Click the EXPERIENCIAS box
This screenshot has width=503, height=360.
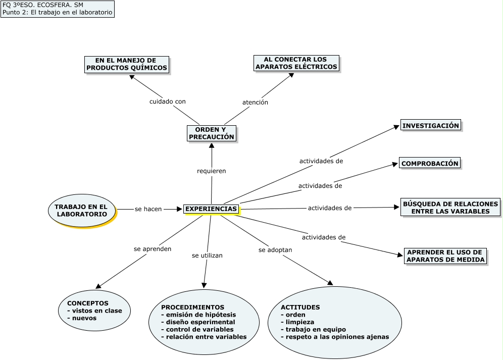click(x=211, y=209)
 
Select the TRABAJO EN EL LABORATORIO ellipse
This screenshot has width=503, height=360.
click(x=82, y=211)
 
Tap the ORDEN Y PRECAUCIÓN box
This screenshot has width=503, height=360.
click(x=211, y=133)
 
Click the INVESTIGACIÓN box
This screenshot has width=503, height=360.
click(x=430, y=126)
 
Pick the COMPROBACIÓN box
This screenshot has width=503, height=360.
click(x=430, y=163)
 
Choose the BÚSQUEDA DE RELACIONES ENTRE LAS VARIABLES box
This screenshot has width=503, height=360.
click(x=450, y=208)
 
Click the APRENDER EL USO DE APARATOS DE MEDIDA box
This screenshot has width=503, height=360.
click(x=445, y=256)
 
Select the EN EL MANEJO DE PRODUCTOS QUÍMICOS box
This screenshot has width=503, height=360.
click(x=126, y=64)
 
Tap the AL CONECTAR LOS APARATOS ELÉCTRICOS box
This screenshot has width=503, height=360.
click(x=296, y=63)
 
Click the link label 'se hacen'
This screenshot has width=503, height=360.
click(x=148, y=209)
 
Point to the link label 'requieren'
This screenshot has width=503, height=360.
click(x=211, y=171)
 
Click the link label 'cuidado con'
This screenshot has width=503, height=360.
click(x=167, y=101)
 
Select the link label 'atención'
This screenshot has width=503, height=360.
click(x=255, y=102)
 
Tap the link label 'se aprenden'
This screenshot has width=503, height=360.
click(x=152, y=249)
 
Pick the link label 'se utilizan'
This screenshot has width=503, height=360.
click(x=207, y=255)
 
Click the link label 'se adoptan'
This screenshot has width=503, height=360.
click(x=275, y=250)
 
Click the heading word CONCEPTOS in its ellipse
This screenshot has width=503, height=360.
click(x=87, y=303)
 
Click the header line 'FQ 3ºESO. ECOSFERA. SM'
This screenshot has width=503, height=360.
click(x=36, y=5)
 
